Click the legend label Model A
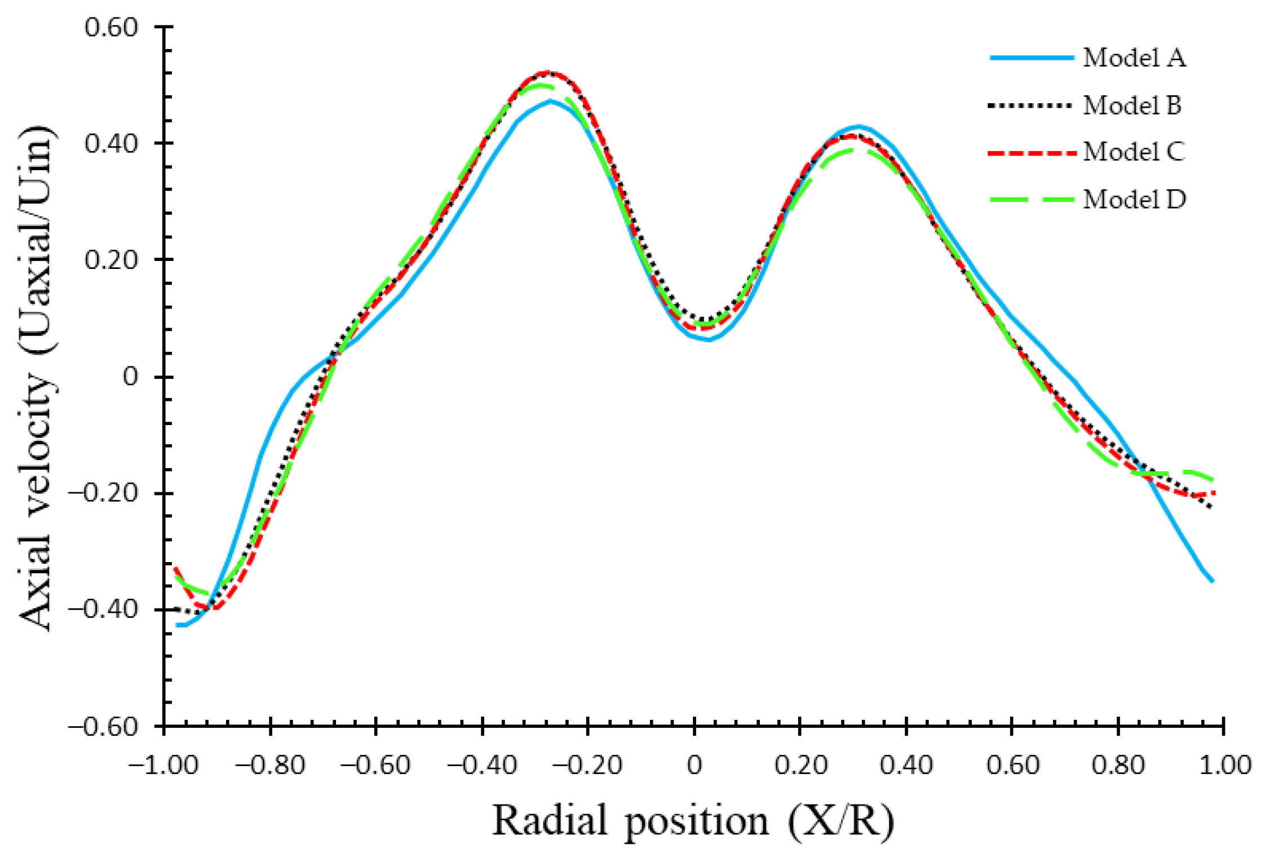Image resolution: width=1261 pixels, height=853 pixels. [x=1134, y=58]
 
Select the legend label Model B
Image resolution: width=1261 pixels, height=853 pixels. [x=1132, y=105]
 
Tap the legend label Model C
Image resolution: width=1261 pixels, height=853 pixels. [x=1134, y=152]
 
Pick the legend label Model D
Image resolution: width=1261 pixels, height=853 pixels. [x=1134, y=199]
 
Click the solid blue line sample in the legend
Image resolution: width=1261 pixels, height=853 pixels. [x=1032, y=58]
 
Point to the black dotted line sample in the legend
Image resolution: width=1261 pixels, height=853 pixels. [x=1030, y=105]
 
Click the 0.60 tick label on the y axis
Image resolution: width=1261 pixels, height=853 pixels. [x=111, y=27]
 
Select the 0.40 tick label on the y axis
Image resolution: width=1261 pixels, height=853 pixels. [x=111, y=143]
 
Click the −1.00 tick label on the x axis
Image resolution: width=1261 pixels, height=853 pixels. [x=163, y=766]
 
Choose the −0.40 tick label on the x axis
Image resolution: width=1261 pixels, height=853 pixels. [x=482, y=766]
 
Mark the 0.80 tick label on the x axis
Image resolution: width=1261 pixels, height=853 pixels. [x=1118, y=766]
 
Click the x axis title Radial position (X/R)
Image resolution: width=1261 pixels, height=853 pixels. [x=693, y=820]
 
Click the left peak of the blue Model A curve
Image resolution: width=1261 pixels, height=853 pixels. [x=550, y=101]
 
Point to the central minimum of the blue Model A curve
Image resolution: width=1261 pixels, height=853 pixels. [x=709, y=339]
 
